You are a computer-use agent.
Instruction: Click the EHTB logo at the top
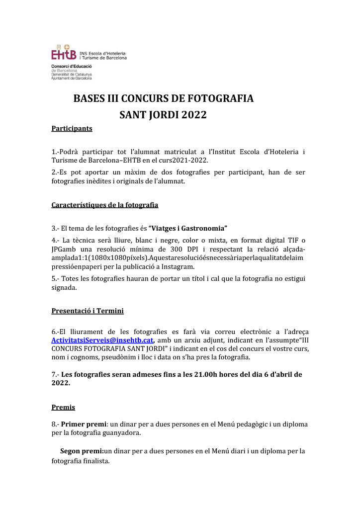(x=64, y=54)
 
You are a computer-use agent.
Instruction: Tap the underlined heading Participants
(x=72, y=128)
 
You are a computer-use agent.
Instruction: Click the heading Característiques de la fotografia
(x=105, y=205)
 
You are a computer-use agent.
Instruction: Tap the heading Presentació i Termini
(x=88, y=311)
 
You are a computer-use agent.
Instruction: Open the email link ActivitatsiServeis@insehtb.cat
(x=102, y=340)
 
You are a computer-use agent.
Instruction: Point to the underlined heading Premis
(x=63, y=408)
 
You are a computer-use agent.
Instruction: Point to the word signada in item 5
(x=65, y=287)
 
